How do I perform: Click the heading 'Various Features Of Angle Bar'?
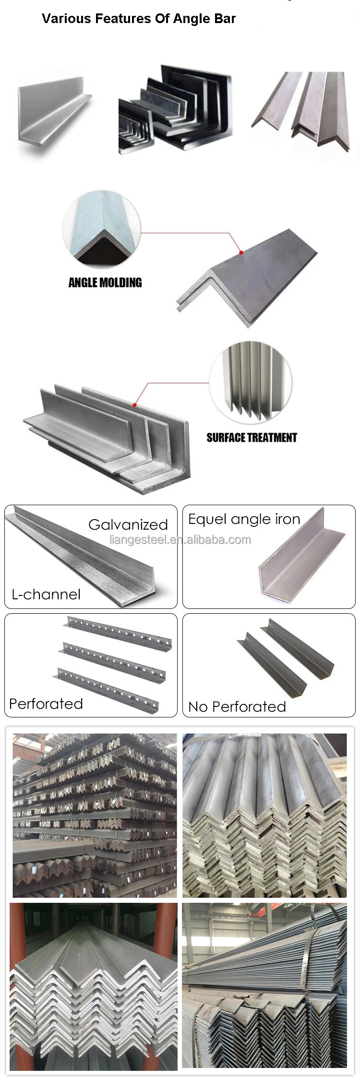(x=139, y=19)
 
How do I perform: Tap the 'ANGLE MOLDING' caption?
(x=105, y=282)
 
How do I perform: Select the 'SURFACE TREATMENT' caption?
(x=252, y=437)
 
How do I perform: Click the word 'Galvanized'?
(x=128, y=524)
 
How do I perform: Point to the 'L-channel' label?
(x=46, y=595)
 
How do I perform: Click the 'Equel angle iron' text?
(x=244, y=519)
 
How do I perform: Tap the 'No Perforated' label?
(x=237, y=706)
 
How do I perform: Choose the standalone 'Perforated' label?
(x=46, y=704)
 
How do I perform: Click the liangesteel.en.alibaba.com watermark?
(x=180, y=540)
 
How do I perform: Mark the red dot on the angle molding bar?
(x=241, y=253)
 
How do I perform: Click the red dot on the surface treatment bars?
(x=135, y=405)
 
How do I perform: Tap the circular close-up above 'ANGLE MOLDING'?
(x=101, y=230)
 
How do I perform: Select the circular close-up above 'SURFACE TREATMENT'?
(x=250, y=381)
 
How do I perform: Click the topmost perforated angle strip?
(x=118, y=631)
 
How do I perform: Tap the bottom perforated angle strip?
(x=108, y=686)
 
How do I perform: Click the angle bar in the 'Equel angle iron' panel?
(x=300, y=559)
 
